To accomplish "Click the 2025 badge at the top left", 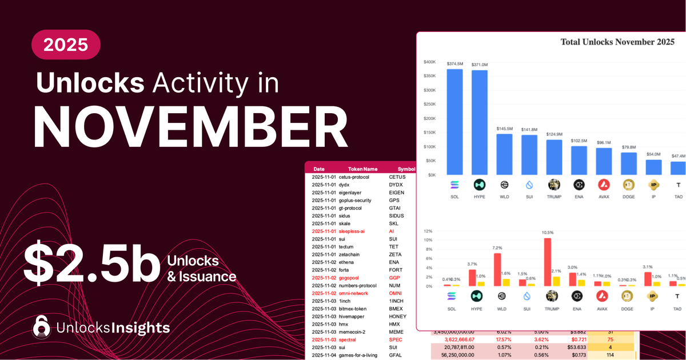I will tap(66, 45).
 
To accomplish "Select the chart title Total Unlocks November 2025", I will tap(618, 42).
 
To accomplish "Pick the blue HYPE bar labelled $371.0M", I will tap(480, 122).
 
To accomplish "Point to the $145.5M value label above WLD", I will tap(504, 129).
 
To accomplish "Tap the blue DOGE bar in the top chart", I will tap(629, 163).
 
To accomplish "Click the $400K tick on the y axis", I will tap(430, 62).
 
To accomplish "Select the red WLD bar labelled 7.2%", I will tap(497, 270).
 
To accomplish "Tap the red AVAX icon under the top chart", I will tap(604, 185).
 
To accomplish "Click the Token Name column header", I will tap(363, 169).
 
